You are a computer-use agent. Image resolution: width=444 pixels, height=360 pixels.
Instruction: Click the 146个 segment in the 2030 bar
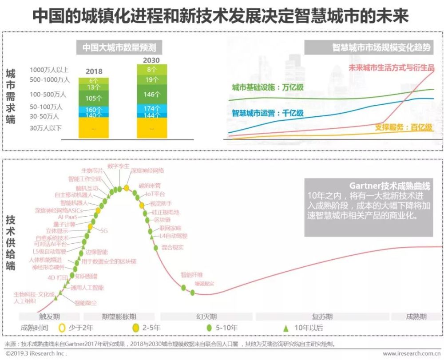click(152, 95)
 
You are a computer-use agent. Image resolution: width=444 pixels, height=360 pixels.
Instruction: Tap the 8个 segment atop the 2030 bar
click(152, 69)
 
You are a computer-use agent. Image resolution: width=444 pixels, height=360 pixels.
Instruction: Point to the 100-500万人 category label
click(48, 94)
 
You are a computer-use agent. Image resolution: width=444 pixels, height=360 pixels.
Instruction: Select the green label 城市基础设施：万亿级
click(268, 87)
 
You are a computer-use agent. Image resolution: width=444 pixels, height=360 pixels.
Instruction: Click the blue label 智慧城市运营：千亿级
click(268, 113)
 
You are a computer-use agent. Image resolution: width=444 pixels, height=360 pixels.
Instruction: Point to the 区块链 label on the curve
click(163, 220)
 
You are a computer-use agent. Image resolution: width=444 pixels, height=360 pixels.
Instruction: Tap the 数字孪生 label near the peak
click(119, 166)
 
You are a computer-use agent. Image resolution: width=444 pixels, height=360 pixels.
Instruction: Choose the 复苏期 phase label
click(322, 316)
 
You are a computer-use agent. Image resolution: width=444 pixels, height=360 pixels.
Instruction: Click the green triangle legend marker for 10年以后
click(286, 328)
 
